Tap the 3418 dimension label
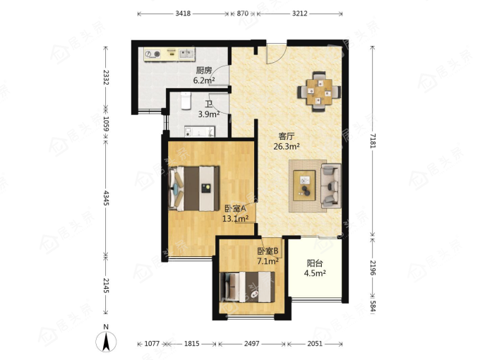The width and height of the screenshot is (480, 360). pyautogui.click(x=183, y=13)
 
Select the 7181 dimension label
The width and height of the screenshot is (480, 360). pyautogui.click(x=373, y=140)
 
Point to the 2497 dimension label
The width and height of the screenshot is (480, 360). pyautogui.click(x=251, y=344)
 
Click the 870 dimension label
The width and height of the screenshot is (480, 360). pyautogui.click(x=242, y=13)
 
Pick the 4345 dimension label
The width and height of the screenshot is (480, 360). pyautogui.click(x=106, y=198)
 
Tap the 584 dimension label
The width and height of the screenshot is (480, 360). pyautogui.click(x=373, y=306)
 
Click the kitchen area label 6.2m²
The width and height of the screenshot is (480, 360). pyautogui.click(x=204, y=80)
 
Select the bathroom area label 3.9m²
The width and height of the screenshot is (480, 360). pyautogui.click(x=209, y=114)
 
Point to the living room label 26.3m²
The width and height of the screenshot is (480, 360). pyautogui.click(x=287, y=147)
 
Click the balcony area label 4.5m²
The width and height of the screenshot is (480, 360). pyautogui.click(x=315, y=273)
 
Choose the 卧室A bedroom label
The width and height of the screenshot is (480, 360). pyautogui.click(x=235, y=209)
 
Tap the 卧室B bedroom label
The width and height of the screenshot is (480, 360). pyautogui.click(x=268, y=251)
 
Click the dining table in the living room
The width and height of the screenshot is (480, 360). pyautogui.click(x=319, y=92)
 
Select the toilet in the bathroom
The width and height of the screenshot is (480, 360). pyautogui.click(x=186, y=100)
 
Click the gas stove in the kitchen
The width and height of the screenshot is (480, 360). pyautogui.click(x=153, y=54)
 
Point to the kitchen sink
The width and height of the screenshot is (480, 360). pyautogui.click(x=186, y=54)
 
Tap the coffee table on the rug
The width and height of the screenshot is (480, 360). pyautogui.click(x=304, y=186)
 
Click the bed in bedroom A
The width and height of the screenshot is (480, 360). pyautogui.click(x=194, y=188)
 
